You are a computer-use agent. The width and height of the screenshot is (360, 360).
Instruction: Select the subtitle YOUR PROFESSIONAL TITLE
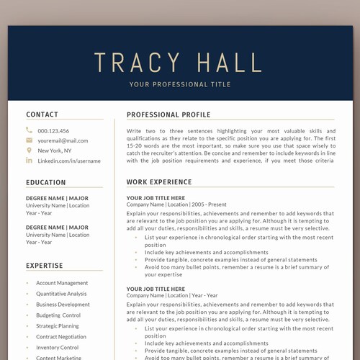point(180,85)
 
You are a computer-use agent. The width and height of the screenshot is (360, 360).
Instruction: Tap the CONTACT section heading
point(42,114)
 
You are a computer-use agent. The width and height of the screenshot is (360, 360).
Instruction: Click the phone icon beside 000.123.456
point(29,130)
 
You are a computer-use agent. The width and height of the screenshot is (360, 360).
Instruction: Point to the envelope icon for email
point(29,140)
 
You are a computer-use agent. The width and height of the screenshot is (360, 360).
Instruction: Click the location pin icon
point(29,150)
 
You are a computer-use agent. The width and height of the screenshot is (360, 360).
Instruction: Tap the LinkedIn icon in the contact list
point(29,161)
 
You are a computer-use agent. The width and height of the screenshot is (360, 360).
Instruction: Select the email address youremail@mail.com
point(63,140)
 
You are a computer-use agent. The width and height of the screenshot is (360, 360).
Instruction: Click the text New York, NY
point(55,150)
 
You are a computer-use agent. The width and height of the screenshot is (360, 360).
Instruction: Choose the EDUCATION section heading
point(46,182)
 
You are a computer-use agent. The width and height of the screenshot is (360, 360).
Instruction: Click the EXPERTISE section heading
point(45,266)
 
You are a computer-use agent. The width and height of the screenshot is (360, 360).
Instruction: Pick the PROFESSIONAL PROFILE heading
point(168,114)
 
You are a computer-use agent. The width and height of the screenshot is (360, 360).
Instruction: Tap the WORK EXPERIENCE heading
point(159,182)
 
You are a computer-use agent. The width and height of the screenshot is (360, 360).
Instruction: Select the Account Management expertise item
point(62,283)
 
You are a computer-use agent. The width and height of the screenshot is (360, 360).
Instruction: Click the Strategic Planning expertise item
point(58,325)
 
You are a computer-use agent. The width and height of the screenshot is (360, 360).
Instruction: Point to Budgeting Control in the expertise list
point(58,315)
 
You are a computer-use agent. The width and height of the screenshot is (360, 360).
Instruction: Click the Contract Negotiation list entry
point(61,336)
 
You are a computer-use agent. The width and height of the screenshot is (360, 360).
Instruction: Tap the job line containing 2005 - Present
point(176,204)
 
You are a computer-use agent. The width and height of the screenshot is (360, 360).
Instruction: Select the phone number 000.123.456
point(53,130)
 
